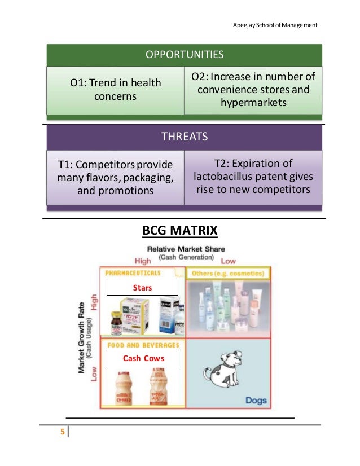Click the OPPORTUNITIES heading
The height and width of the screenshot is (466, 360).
coord(185,55)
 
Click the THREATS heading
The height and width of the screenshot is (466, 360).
coord(185,137)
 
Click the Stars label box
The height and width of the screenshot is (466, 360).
coord(142,287)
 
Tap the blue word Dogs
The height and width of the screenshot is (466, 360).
coord(256,400)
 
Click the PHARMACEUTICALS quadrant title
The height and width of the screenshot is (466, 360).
coord(132,272)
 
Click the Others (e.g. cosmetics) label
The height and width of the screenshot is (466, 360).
coord(228,273)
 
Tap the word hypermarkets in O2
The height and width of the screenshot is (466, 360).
coord(253,103)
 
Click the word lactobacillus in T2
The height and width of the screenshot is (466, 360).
coord(229,176)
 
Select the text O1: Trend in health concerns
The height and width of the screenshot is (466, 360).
coord(115,90)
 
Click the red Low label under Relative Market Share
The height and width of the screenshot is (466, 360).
coord(229,261)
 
